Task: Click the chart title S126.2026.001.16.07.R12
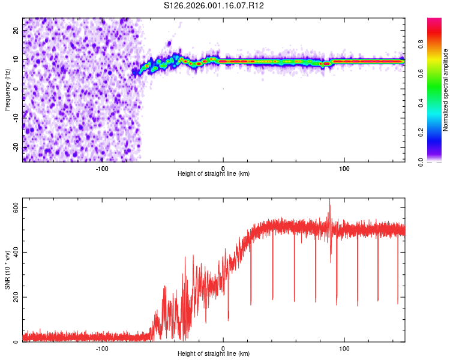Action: (x=214, y=5)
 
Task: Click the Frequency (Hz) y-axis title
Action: (x=8, y=89)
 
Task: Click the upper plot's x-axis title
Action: (x=214, y=173)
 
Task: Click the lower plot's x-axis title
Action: (x=214, y=353)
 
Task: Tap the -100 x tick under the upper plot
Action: (x=102, y=168)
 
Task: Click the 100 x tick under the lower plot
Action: (x=344, y=348)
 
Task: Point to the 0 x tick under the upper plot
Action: (x=223, y=168)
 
